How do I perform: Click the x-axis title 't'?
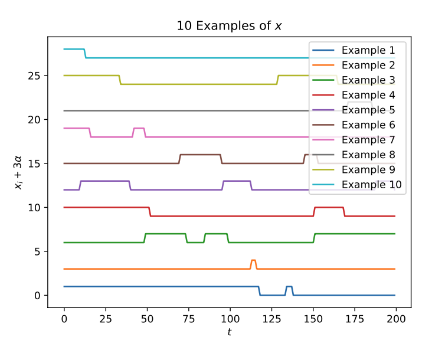point(229,332)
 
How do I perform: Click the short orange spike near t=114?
point(253,260)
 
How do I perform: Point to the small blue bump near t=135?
point(289,287)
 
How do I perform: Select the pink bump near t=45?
point(139,128)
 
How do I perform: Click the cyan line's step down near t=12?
point(85,53)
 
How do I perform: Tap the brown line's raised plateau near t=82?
point(200,155)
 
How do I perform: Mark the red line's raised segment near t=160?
point(329,207)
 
